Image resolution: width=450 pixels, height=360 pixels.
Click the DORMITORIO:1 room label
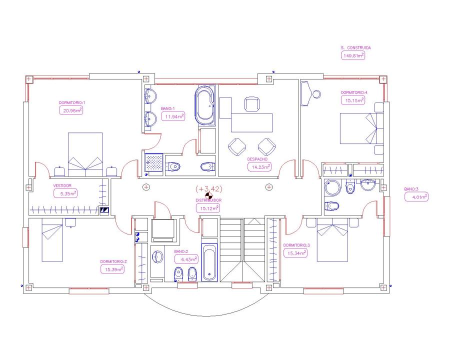(x=72, y=102)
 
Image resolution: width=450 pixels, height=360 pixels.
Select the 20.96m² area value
(x=71, y=110)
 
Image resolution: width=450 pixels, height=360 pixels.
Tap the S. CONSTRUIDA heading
(x=355, y=47)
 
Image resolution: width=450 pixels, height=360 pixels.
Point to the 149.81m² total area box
(x=352, y=55)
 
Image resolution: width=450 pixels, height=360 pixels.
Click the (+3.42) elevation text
(x=209, y=188)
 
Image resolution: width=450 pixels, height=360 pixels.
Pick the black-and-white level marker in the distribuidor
(x=209, y=196)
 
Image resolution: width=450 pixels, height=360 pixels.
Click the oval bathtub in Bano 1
(x=205, y=105)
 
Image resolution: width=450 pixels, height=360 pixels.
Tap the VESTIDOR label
(x=62, y=185)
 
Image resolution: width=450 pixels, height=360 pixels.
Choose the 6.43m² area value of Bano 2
(x=186, y=259)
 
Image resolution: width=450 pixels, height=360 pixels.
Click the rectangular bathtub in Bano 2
(x=209, y=262)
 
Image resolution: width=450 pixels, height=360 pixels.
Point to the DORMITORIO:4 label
(x=354, y=92)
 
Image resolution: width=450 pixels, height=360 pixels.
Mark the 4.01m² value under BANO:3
(x=416, y=197)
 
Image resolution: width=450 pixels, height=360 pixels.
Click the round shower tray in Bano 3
(x=332, y=188)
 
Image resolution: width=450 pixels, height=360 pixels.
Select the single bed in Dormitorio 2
(x=52, y=239)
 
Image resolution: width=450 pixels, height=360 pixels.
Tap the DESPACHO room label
(x=257, y=159)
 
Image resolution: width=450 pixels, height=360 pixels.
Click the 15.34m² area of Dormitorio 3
(x=295, y=253)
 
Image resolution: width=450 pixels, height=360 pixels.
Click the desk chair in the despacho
(x=252, y=104)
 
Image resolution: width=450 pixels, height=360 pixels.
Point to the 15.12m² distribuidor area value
(x=208, y=208)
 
